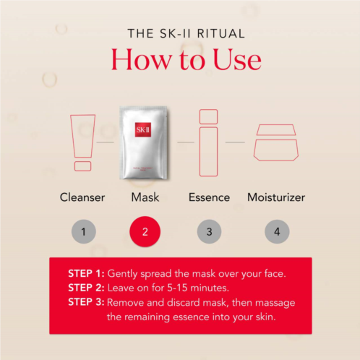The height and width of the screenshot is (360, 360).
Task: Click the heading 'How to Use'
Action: coord(186,59)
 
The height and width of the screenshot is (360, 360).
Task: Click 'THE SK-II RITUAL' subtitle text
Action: coord(187,33)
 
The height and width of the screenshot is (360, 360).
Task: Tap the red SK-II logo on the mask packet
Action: coord(143,129)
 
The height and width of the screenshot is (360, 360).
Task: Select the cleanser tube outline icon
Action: coord(82,142)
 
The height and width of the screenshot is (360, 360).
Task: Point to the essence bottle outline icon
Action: coord(208,142)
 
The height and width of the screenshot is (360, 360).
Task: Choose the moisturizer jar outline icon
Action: coord(276,142)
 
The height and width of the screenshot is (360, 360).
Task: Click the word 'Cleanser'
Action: coord(82,197)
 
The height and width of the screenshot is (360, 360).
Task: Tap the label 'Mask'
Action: coord(145,197)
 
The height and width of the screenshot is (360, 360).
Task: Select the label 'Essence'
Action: coord(209,197)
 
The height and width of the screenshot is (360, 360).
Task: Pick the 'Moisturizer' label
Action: coord(276,197)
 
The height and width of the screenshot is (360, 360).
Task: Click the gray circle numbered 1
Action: coord(84,231)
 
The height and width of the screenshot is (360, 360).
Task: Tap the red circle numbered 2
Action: coord(145,231)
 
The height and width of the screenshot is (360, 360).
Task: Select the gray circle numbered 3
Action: coord(209,231)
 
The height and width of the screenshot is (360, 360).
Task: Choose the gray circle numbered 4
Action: coord(277,231)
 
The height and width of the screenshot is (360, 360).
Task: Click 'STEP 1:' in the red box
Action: coord(86,273)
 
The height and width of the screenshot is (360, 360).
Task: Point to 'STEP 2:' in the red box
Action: coord(86,288)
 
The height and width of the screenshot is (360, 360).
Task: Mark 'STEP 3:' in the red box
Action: coord(86,302)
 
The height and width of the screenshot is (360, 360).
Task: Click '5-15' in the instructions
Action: coord(177,288)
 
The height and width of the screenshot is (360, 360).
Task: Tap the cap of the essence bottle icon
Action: coord(208,116)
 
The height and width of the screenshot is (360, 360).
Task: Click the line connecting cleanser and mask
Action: coord(106,142)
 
